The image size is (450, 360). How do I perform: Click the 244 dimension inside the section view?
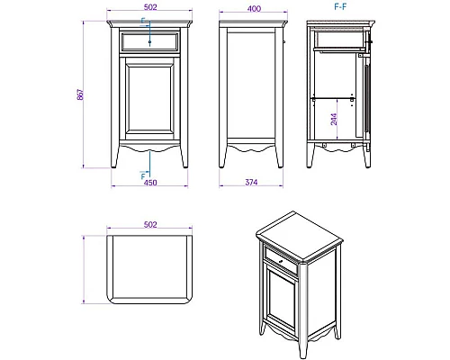(332, 118)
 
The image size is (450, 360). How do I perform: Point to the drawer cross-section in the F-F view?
(339, 41)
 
